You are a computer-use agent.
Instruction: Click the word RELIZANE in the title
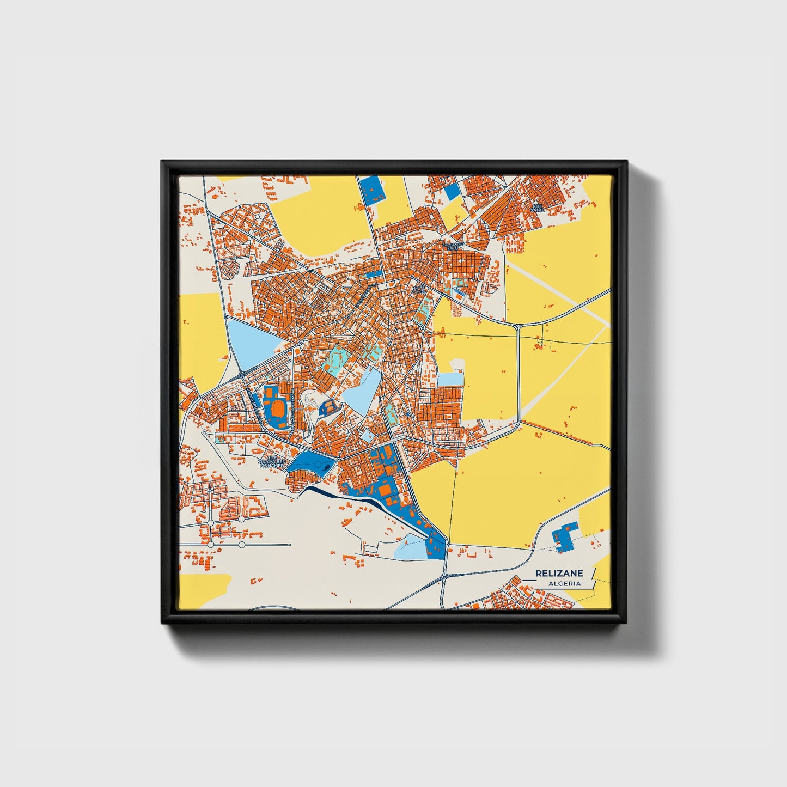pos(559,573)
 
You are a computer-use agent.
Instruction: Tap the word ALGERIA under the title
pos(564,583)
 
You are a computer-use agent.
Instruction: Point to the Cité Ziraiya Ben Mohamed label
pos(272,462)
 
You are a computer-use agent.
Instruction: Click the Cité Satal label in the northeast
pos(538,208)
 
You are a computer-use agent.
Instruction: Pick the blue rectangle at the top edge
pos(372,190)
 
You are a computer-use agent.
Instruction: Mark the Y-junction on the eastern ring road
pos(518,327)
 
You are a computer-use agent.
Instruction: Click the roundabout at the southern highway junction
pos(445,576)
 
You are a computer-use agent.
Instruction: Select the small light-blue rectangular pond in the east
pos(450,379)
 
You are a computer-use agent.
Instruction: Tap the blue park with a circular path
pos(312,464)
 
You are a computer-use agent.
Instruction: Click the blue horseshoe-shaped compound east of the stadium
pos(327,406)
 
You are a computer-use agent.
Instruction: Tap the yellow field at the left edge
pos(200,332)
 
